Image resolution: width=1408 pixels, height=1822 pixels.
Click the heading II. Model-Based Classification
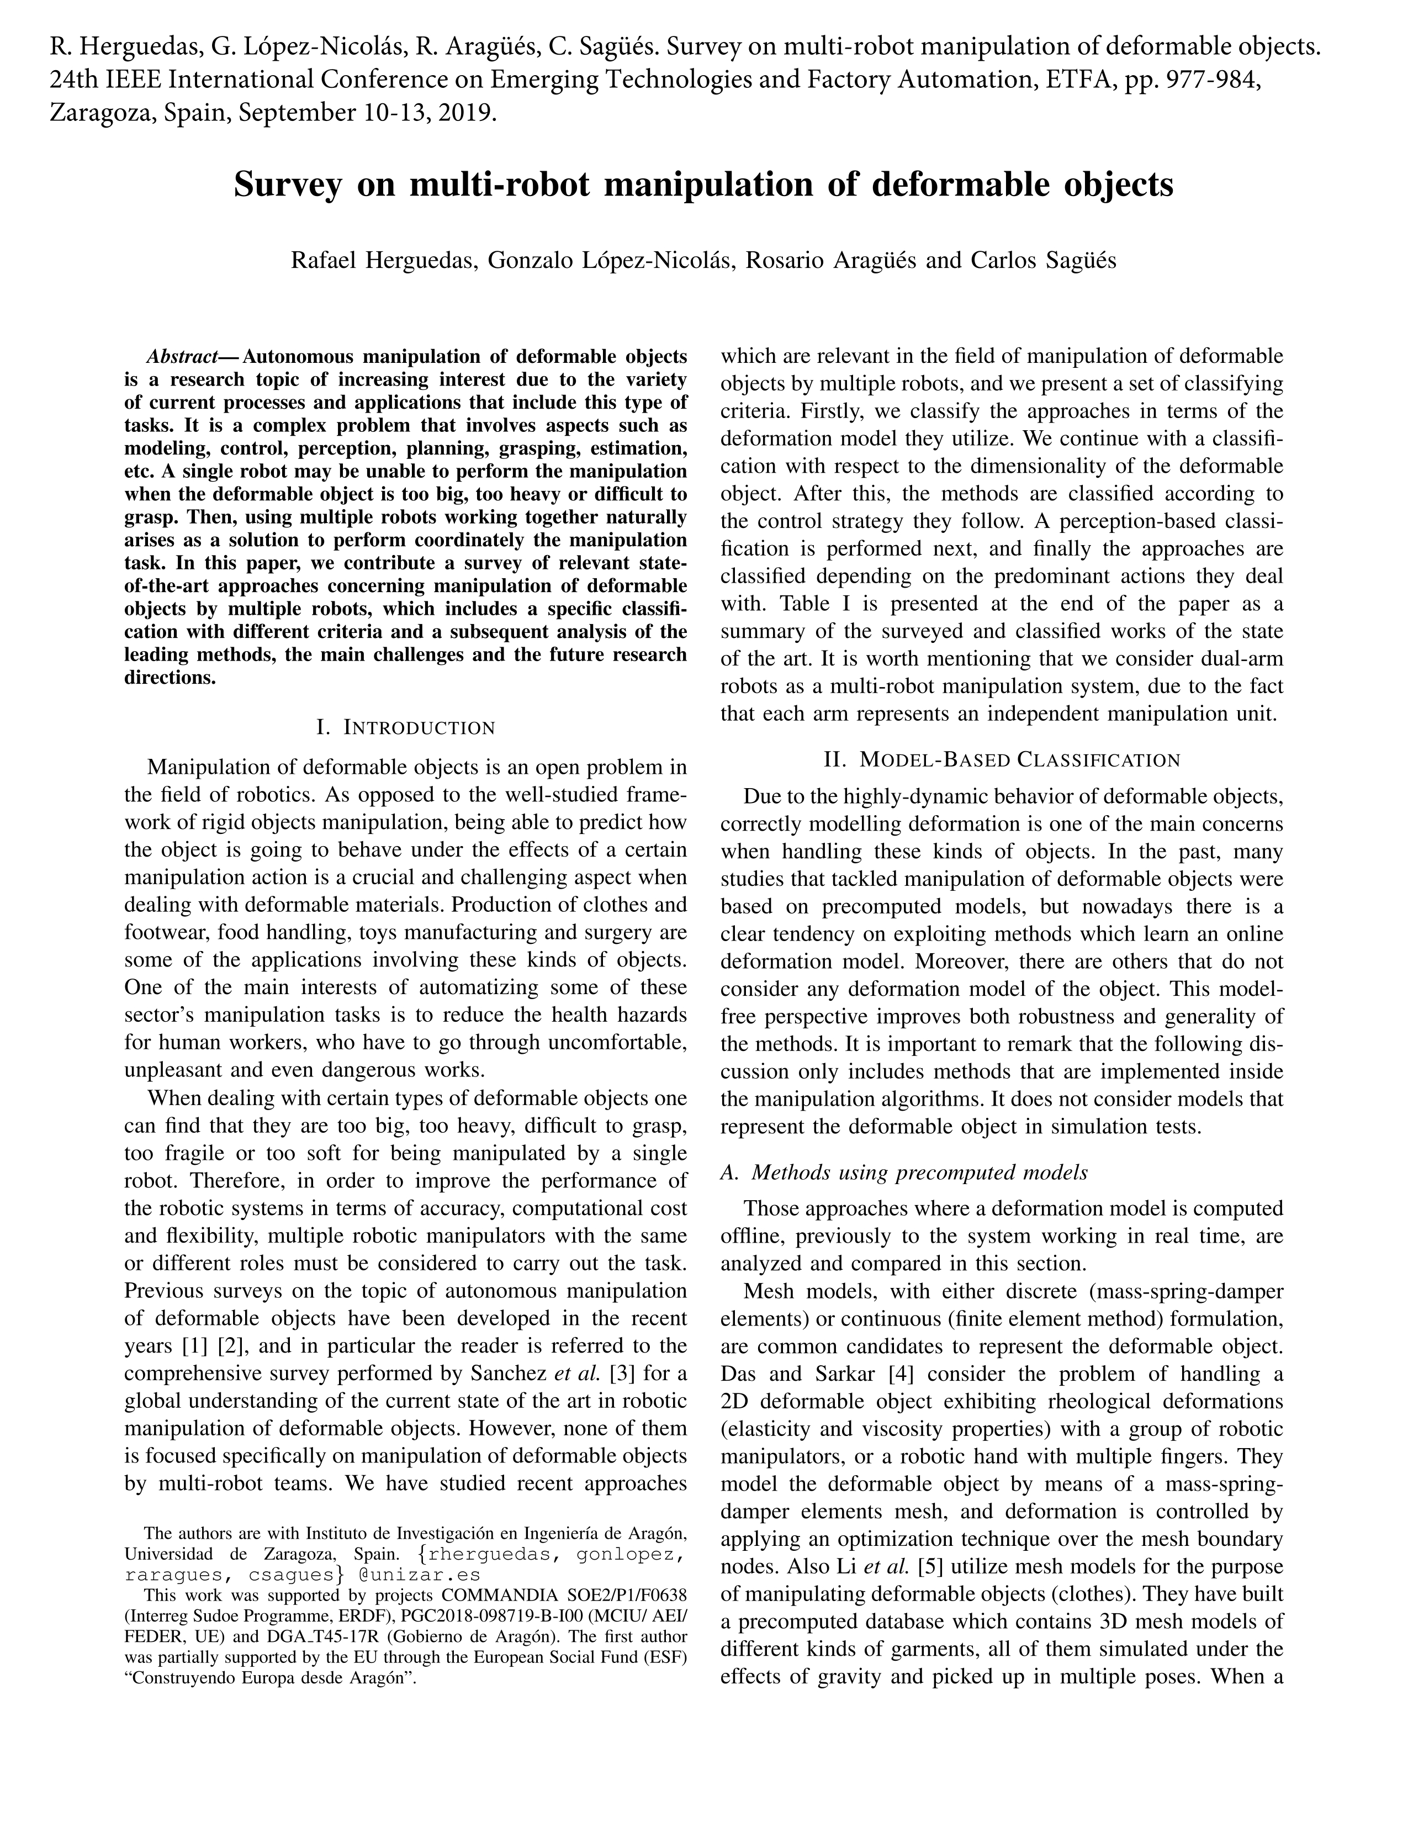(x=1001, y=760)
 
